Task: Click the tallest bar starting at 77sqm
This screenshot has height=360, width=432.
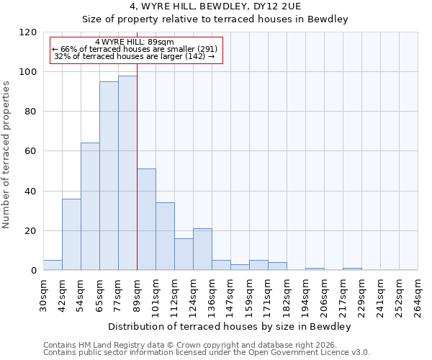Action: (127, 173)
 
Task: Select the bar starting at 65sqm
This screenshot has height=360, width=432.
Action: (109, 176)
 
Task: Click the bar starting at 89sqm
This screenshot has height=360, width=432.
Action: (146, 220)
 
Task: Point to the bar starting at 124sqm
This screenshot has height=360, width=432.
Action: (202, 249)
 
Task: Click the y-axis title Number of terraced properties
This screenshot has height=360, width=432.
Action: (6, 154)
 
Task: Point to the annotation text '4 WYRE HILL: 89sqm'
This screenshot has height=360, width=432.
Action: (134, 42)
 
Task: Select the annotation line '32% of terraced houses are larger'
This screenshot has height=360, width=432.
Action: (134, 56)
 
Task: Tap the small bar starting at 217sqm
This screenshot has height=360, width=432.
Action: (352, 269)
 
